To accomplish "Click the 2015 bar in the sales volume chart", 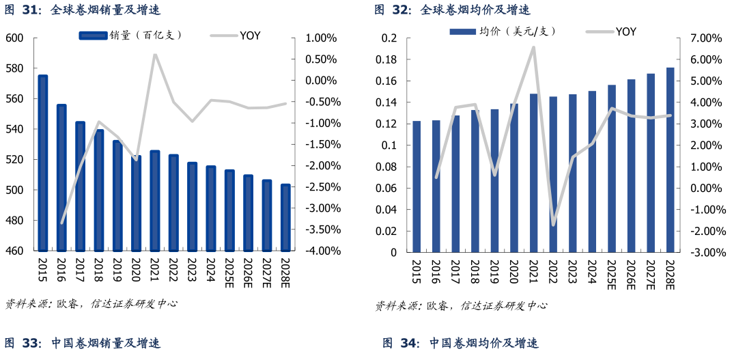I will pyautogui.click(x=42, y=164).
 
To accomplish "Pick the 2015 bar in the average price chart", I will pyautogui.click(x=417, y=186).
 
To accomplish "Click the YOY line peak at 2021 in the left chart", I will pyautogui.click(x=154, y=55).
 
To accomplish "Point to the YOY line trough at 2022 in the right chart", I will pyautogui.click(x=553, y=225).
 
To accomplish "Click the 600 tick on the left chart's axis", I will pyautogui.click(x=14, y=38).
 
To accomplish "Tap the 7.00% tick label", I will pyautogui.click(x=706, y=38).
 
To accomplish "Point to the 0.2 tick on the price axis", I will pyautogui.click(x=389, y=38).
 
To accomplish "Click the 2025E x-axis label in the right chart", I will pyautogui.click(x=611, y=271).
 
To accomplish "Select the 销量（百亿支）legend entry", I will pyautogui.click(x=130, y=35).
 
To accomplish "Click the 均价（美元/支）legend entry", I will pyautogui.click(x=503, y=31).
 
